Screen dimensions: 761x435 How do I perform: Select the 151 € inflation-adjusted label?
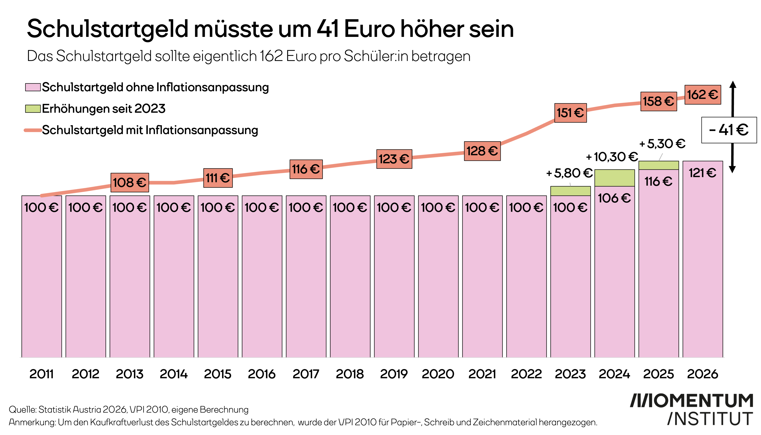[x=570, y=113]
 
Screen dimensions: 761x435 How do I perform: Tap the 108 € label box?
[x=130, y=183]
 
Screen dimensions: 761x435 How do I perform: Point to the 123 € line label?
[x=394, y=159]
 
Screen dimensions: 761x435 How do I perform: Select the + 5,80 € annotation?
[x=569, y=173]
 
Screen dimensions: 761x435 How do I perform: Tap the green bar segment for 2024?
[x=615, y=178]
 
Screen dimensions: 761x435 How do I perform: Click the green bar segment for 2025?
[x=659, y=165]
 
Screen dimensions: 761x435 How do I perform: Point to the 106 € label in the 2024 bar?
[x=614, y=198]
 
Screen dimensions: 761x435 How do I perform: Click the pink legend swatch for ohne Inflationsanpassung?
[x=33, y=87]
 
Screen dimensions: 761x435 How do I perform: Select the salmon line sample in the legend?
[x=33, y=130]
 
